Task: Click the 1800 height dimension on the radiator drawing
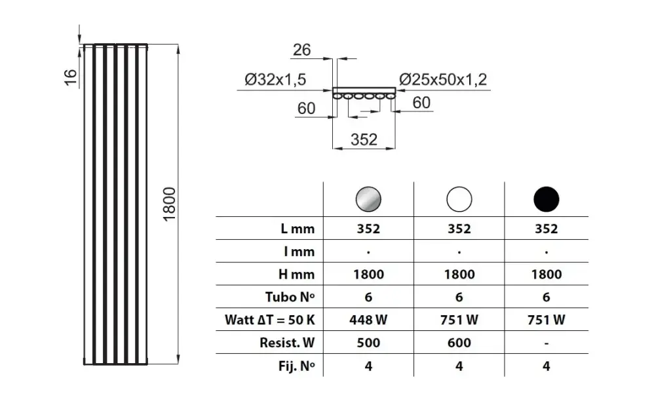(169, 204)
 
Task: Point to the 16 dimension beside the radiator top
(71, 77)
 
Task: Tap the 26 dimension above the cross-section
(302, 50)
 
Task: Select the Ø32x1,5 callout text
(276, 80)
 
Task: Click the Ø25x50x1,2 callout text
(444, 80)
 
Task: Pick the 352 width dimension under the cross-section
(364, 139)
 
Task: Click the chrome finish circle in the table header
(368, 198)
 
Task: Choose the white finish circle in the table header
(459, 198)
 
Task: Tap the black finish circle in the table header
(546, 198)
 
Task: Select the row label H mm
(296, 275)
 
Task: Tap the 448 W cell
(368, 320)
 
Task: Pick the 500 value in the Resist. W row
(368, 343)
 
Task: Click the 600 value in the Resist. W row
(459, 343)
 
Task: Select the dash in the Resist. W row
(546, 343)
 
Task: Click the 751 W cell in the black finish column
(546, 320)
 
